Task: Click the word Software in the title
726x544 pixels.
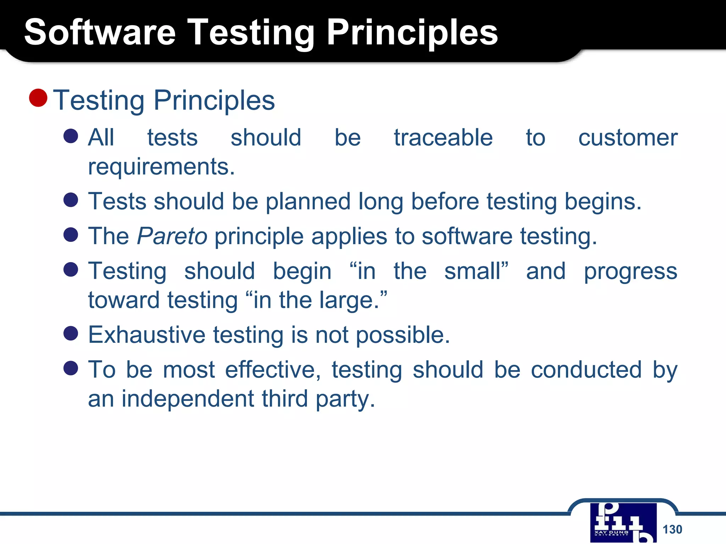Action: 100,33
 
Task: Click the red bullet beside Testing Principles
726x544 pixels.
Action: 38,98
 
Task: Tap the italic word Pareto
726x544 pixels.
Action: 172,236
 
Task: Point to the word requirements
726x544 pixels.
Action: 161,167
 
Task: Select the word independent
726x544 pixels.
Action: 188,399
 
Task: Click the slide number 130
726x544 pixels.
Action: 672,529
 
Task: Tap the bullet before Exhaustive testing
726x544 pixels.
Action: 71,333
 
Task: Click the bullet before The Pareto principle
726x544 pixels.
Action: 71,234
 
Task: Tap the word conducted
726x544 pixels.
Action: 586,370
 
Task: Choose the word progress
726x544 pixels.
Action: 631,272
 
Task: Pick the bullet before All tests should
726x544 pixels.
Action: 71,136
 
